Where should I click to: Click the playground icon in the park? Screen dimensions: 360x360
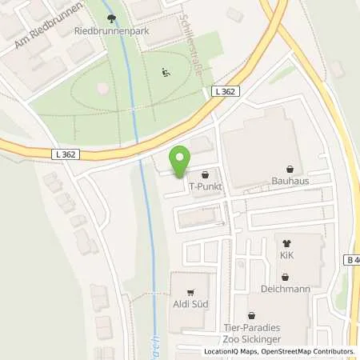click(166, 73)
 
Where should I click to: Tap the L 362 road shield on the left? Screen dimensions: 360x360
click(67, 154)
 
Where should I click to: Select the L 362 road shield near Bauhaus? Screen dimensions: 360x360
click(226, 92)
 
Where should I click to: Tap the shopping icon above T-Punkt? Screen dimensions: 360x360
click(206, 174)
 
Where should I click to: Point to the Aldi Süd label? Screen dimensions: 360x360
click(190, 305)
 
